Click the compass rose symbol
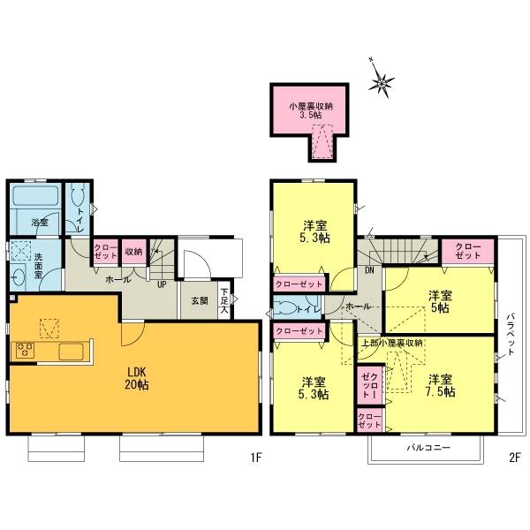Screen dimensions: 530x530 382,83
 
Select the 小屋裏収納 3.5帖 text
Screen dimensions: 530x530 308,110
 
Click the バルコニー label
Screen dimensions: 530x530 428,448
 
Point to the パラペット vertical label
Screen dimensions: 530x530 510,335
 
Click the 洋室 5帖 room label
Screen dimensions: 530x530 439,302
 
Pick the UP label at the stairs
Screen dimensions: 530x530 162,284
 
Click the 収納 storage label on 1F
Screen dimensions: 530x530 134,250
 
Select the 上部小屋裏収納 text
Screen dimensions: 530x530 392,342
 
